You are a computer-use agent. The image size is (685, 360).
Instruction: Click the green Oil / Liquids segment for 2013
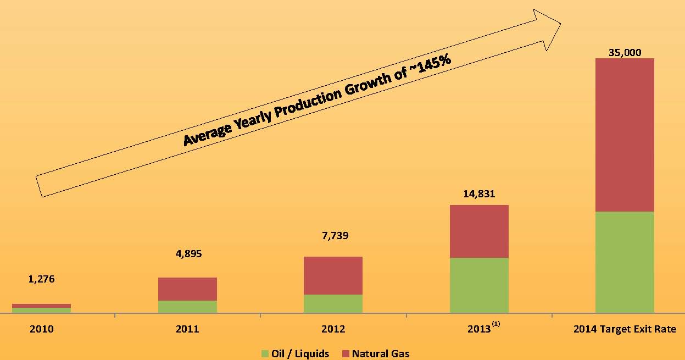click(479, 285)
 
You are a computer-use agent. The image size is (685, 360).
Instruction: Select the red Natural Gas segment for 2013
click(479, 231)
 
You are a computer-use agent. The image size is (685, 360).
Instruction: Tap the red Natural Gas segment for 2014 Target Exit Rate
click(625, 135)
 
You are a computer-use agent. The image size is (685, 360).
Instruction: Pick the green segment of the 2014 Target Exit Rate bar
click(625, 262)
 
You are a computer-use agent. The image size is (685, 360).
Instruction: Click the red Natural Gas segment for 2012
click(333, 275)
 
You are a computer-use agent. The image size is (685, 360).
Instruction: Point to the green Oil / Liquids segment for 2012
click(333, 303)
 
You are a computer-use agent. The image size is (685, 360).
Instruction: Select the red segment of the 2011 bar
click(187, 289)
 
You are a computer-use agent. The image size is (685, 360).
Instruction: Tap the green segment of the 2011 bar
click(187, 307)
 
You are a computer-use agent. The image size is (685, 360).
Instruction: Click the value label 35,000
click(625, 53)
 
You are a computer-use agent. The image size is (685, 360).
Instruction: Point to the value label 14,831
click(479, 193)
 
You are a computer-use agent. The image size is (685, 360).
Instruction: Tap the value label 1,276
click(41, 279)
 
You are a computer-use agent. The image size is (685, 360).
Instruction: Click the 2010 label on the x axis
click(41, 329)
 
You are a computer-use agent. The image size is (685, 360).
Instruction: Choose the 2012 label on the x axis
click(333, 329)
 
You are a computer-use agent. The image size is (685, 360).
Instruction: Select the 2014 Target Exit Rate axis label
click(625, 329)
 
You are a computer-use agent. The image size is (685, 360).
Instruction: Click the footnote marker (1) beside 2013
click(496, 325)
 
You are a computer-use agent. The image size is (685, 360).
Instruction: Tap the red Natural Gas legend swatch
click(346, 353)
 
